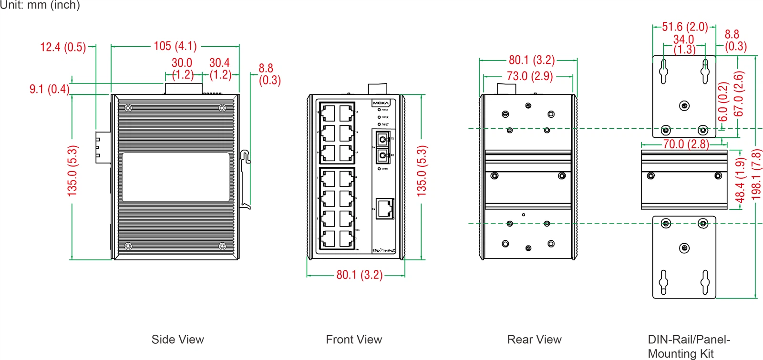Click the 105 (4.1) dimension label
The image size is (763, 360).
point(175,46)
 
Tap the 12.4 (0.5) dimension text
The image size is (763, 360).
point(63,47)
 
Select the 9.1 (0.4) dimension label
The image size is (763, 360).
point(49,89)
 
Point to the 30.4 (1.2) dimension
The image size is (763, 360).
point(220,69)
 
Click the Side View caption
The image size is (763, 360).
point(177,339)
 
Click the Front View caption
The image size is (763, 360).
point(354,339)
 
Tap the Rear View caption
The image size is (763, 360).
point(534,339)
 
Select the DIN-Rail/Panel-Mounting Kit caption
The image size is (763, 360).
point(688,347)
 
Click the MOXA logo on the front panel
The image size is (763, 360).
point(381,103)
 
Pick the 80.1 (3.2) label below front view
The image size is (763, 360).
point(359,275)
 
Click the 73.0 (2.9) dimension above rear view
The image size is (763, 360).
point(529,76)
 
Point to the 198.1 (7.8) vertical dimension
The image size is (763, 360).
point(756,174)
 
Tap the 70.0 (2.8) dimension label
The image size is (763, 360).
point(686,144)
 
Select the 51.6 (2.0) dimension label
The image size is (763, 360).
point(684,27)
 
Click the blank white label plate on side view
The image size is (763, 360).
point(176,177)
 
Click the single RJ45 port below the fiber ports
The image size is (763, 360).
point(385,208)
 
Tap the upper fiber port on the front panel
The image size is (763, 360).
point(382,140)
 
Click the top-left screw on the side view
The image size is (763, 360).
point(128,108)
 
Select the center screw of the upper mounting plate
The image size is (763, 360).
point(684,106)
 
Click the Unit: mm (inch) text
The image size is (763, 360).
point(40,5)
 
